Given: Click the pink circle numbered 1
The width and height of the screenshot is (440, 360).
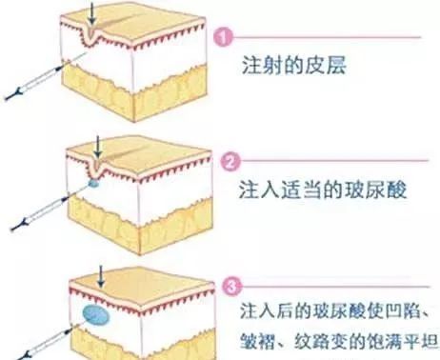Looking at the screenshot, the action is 226,39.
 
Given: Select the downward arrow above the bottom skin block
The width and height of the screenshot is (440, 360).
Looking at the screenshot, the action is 103,276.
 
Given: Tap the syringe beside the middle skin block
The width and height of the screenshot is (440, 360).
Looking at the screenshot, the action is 43,209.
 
